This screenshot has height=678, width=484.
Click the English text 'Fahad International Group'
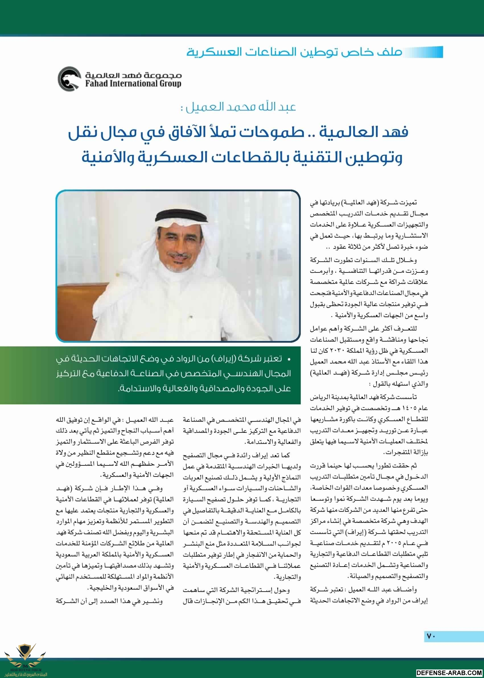pos(133,84)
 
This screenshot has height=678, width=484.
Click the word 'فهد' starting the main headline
pos(395,132)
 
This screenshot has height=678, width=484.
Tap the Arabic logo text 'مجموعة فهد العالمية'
pos(133,75)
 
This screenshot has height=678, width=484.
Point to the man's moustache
pos(178,255)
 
